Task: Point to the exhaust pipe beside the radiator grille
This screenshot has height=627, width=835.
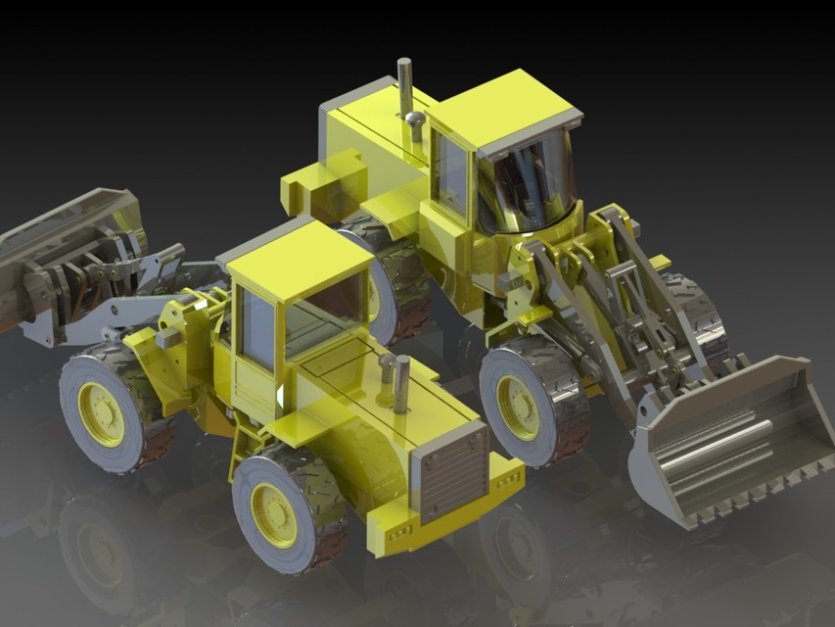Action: pos(401,384)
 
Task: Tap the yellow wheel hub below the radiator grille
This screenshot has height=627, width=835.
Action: pos(274,514)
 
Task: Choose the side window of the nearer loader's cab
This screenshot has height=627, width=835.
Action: pos(257,329)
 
